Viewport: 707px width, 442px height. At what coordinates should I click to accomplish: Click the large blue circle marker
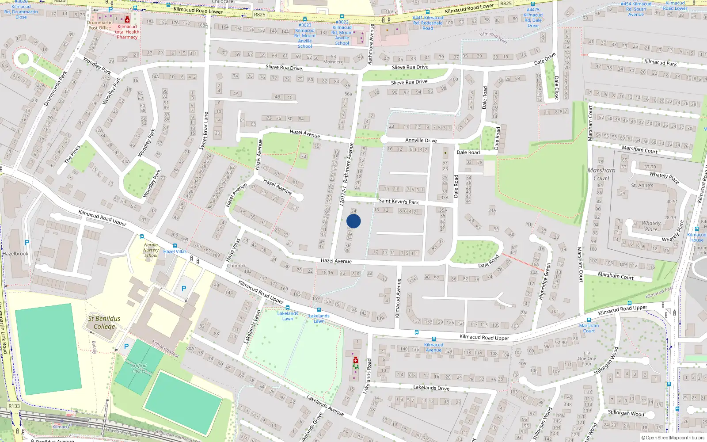coord(353,221)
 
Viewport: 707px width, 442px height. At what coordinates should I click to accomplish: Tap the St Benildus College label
coord(104,323)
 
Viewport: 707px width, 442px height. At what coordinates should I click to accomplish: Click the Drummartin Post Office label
coord(100,25)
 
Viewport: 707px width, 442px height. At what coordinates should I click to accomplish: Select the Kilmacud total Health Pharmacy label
coord(127,32)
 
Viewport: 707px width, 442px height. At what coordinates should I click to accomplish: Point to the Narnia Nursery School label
coord(151,250)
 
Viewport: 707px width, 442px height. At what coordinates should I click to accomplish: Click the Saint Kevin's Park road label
coord(399,201)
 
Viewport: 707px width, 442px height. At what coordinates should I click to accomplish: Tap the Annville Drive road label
coord(421,140)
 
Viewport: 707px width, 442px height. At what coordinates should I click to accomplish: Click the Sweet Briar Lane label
coord(204,131)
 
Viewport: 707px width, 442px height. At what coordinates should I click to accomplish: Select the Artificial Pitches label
coord(139,368)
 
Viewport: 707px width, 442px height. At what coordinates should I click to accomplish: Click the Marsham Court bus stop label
coord(589,328)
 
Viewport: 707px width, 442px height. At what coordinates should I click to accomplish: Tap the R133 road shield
coord(14,406)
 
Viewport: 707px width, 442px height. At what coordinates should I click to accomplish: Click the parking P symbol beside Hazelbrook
coord(27,243)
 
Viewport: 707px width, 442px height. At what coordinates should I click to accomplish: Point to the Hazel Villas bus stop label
coord(175,251)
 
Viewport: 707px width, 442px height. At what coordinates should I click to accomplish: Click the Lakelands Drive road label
coord(431,388)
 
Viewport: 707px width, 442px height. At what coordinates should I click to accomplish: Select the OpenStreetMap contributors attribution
coord(673,438)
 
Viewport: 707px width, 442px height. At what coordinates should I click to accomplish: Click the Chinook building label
coord(236,266)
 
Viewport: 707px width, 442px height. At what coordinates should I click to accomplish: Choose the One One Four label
coord(587,358)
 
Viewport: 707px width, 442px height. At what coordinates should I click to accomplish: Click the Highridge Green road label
coord(544,282)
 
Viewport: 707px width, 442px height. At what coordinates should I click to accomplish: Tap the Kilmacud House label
coord(697,237)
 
